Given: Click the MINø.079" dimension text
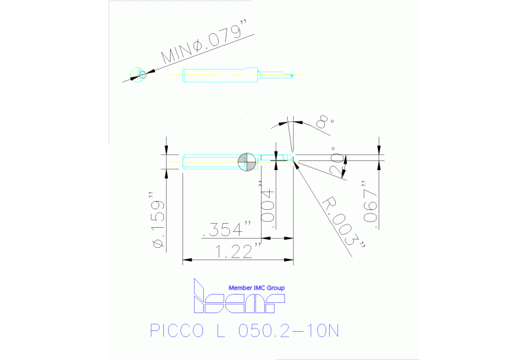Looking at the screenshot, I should pyautogui.click(x=204, y=47).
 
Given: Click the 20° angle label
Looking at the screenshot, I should pyautogui.click(x=335, y=161).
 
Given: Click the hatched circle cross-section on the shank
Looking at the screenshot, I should pyautogui.click(x=246, y=161).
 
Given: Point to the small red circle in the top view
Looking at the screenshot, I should pyautogui.click(x=141, y=74).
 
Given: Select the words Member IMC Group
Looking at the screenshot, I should pyautogui.click(x=256, y=288).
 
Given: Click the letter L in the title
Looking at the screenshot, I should pyautogui.click(x=220, y=332).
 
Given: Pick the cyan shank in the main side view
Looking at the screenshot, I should pyautogui.click(x=210, y=161).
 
